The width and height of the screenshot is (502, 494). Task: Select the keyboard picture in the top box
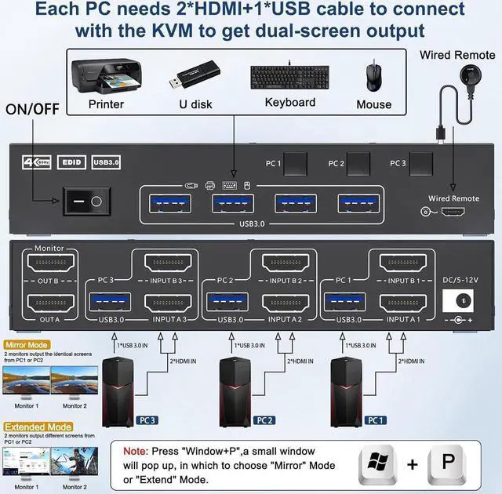point(289,77)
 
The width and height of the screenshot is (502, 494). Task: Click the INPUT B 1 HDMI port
point(403,262)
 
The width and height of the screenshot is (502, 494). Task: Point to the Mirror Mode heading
point(27,343)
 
